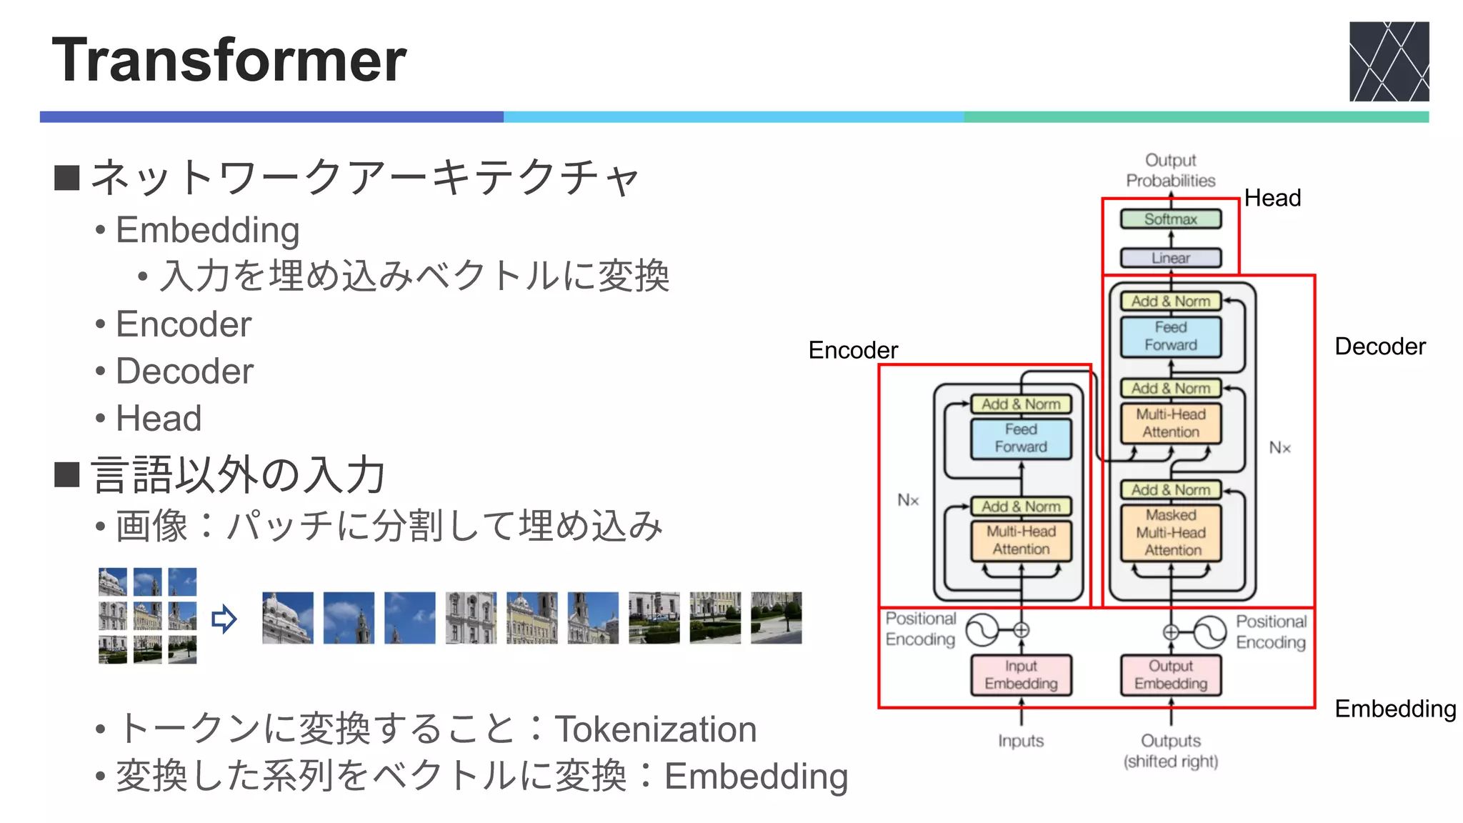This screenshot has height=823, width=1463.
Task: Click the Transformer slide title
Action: click(229, 60)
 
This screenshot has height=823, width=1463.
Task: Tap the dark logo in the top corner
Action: click(1388, 61)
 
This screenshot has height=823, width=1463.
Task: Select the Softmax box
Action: click(1170, 219)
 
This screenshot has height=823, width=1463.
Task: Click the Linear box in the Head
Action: click(1170, 258)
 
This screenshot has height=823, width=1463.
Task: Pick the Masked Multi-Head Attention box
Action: click(1171, 533)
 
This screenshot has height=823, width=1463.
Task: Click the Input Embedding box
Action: click(1021, 674)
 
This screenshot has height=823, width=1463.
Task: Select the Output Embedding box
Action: click(1170, 674)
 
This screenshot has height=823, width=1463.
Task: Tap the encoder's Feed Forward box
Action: click(1021, 438)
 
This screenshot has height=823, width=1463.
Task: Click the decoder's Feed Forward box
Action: click(1170, 336)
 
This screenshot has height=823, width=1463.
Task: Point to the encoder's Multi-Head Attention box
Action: click(1021, 540)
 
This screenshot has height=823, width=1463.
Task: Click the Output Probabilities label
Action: click(1170, 170)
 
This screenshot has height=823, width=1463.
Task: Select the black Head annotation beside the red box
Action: click(1272, 198)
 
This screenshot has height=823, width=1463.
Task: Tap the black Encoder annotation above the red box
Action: click(852, 350)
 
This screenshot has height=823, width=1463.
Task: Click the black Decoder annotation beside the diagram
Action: click(1379, 346)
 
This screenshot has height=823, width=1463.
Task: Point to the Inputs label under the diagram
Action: click(1021, 741)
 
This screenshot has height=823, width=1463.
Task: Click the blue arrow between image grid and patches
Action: click(224, 619)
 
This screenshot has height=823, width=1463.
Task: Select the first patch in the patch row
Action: click(287, 618)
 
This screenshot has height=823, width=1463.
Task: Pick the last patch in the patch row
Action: click(776, 618)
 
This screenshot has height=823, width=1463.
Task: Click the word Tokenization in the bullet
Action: click(655, 729)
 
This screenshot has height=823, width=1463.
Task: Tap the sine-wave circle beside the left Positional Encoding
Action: click(982, 630)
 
